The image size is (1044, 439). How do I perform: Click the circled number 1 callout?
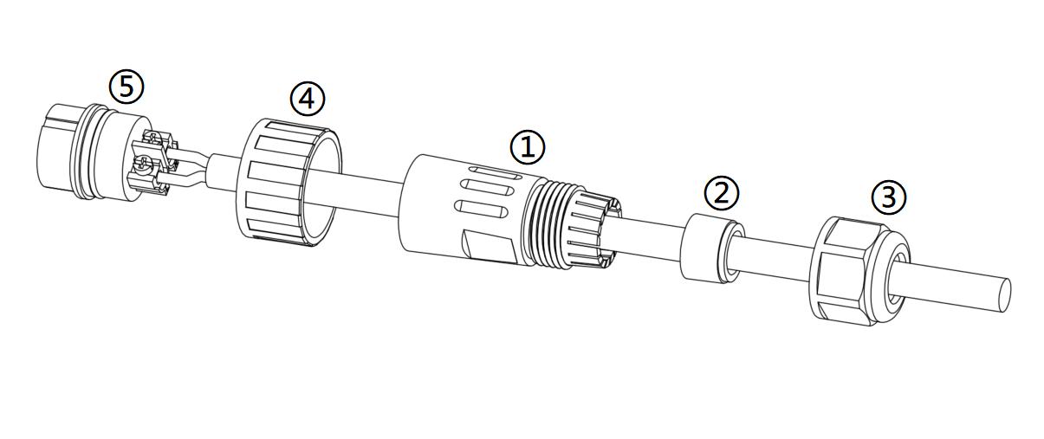[x=528, y=147]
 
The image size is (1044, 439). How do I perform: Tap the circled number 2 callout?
[x=722, y=192]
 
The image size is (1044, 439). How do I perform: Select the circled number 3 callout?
[x=889, y=197]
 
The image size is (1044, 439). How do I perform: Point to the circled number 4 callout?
[x=308, y=99]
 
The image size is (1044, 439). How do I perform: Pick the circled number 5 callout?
[x=126, y=87]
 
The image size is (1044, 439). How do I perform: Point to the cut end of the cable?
[x=1004, y=296]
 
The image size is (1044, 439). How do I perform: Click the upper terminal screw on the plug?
[x=154, y=139]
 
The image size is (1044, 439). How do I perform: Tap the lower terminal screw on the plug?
[x=143, y=164]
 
